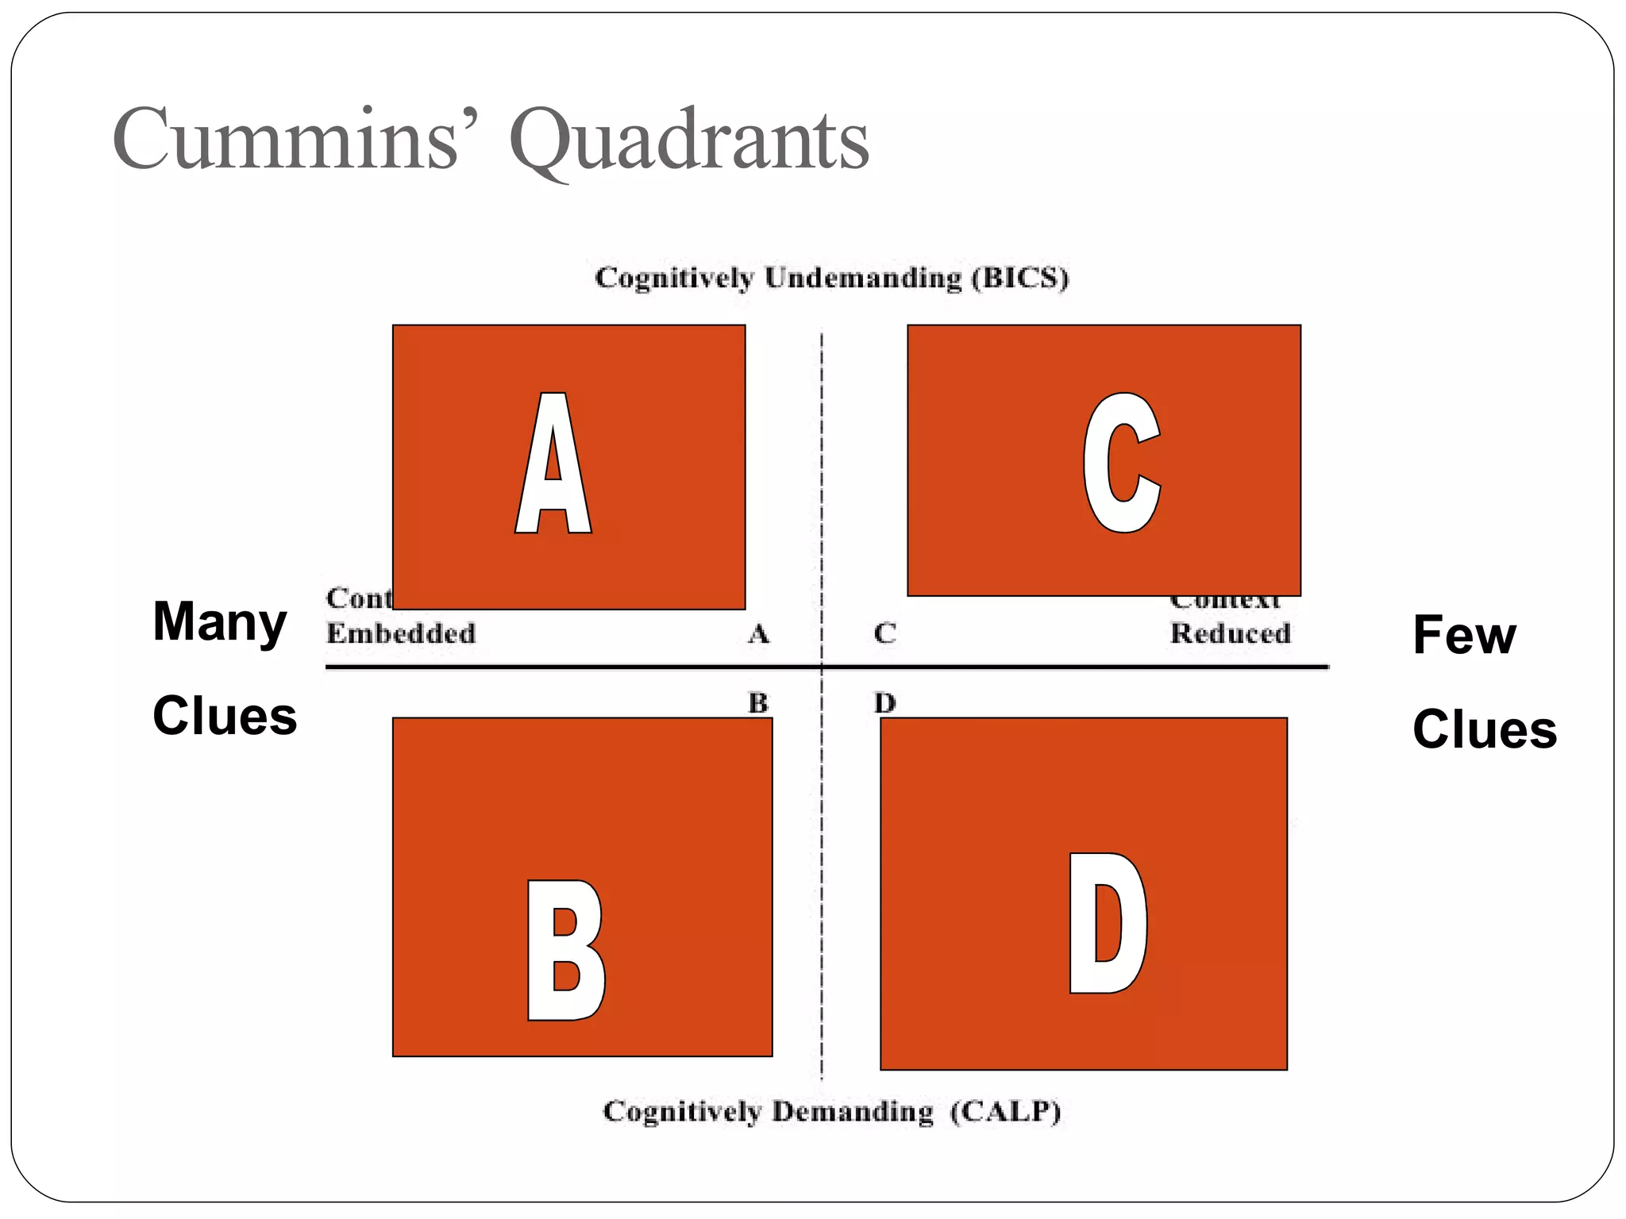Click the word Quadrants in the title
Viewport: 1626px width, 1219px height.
[689, 141]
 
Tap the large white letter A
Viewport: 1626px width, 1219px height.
[553, 463]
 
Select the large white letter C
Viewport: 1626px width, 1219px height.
[1122, 463]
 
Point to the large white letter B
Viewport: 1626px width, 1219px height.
[565, 950]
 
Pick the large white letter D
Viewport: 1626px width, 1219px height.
[1107, 923]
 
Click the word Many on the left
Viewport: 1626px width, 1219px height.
[219, 622]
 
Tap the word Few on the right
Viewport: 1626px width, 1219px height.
[1464, 636]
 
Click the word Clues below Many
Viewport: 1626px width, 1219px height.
[225, 716]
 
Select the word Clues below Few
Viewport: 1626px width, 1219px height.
[1484, 730]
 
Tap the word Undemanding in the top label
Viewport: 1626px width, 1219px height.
[863, 279]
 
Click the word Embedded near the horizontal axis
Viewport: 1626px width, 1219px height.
[401, 633]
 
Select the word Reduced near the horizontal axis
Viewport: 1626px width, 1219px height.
[1230, 633]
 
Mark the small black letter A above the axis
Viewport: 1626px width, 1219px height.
[758, 634]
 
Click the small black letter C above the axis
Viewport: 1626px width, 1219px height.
[884, 633]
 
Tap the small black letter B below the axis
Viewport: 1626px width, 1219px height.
[758, 703]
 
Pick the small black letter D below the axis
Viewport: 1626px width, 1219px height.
[884, 703]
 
